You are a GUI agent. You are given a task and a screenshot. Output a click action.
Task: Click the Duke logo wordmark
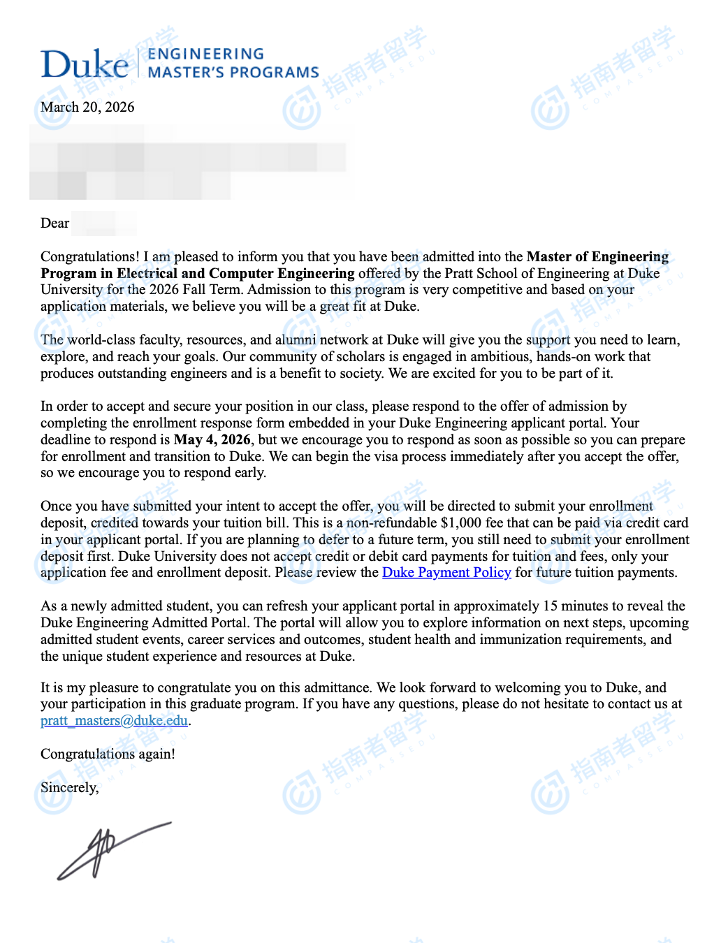tap(85, 64)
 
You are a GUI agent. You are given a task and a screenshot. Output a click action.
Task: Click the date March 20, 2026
tap(87, 107)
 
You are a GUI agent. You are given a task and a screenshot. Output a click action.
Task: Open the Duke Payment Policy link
tap(446, 573)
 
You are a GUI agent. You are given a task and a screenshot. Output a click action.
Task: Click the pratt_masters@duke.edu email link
tap(114, 721)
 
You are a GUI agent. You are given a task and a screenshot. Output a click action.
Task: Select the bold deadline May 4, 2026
tap(212, 440)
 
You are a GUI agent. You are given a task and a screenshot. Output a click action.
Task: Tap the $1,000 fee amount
tap(461, 523)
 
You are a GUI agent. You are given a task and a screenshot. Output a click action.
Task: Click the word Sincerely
tap(69, 788)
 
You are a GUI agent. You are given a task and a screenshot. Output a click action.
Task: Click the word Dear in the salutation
tap(54, 224)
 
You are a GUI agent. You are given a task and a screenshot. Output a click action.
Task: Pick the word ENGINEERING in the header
tap(206, 54)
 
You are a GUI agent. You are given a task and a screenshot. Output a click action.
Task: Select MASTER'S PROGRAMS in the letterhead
tap(233, 73)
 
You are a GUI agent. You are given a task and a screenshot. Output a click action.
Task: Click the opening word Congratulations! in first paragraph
tap(90, 257)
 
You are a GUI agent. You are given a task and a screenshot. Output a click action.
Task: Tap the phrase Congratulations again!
tap(108, 754)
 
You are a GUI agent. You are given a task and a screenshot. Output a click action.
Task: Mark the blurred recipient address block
tap(189, 162)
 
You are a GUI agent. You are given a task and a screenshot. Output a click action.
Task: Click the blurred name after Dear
tap(103, 224)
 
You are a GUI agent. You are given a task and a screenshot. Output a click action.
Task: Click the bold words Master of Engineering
tap(597, 257)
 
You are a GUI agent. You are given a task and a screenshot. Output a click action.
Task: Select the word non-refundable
tap(391, 523)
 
